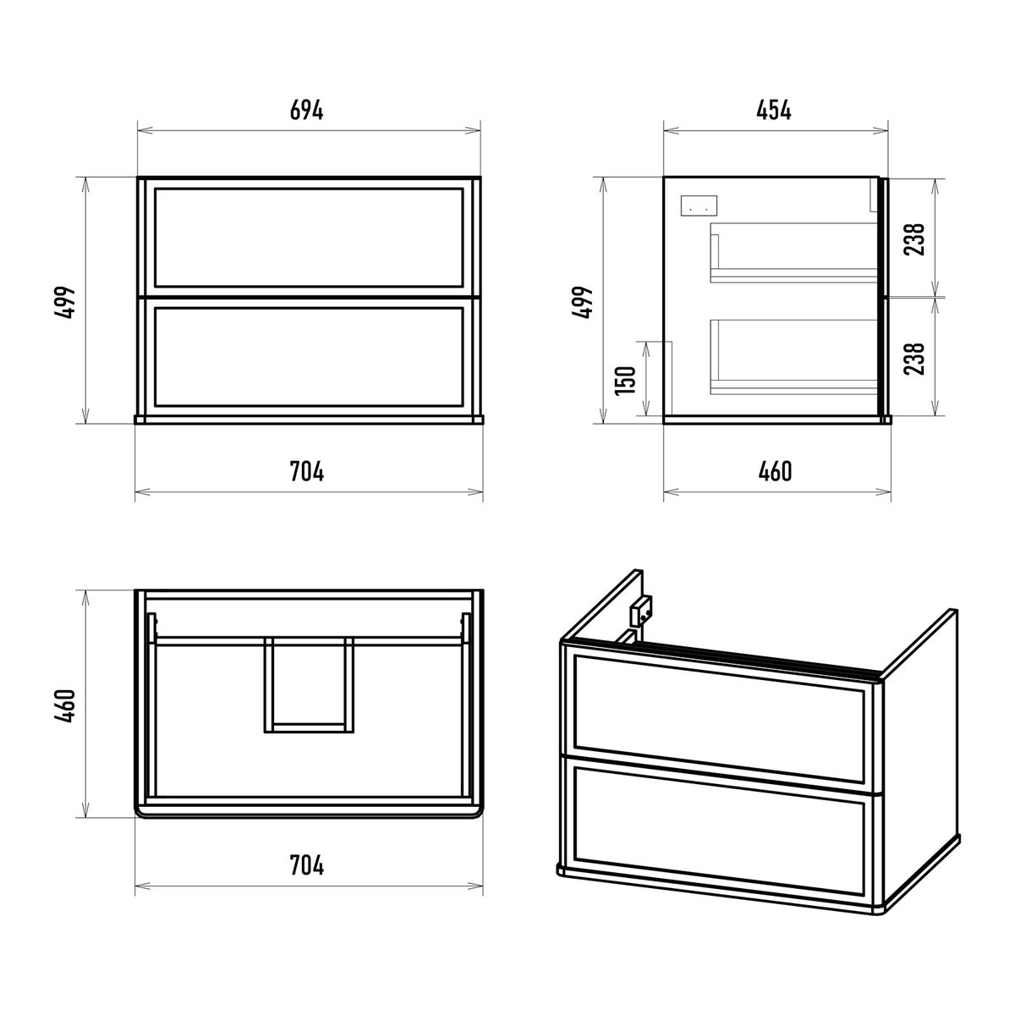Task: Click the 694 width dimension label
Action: [306, 111]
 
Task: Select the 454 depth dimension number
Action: [774, 111]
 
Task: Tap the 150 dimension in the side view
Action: [626, 380]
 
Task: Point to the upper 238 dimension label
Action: [914, 239]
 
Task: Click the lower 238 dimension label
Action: [914, 359]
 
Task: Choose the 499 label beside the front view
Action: [65, 303]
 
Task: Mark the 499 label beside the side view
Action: [583, 303]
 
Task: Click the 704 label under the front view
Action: [307, 471]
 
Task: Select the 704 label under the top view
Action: [307, 865]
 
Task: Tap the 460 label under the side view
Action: [775, 471]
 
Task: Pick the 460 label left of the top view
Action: [65, 705]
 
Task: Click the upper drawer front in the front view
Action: [309, 238]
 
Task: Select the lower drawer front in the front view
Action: [309, 357]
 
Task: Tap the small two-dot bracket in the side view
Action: [699, 205]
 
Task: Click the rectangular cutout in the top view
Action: [309, 685]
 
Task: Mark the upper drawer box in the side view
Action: [793, 253]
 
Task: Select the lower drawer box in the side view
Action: [793, 357]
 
